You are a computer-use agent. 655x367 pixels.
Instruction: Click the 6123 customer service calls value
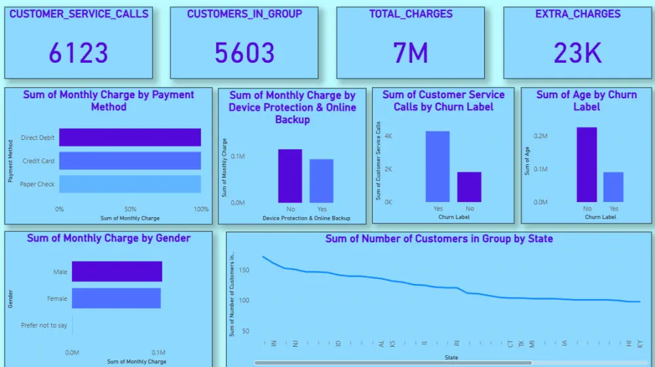click(x=79, y=53)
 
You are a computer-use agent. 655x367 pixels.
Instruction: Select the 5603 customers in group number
click(x=244, y=53)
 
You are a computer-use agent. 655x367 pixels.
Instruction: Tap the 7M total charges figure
click(x=411, y=53)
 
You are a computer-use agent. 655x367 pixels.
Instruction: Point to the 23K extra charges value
click(x=577, y=53)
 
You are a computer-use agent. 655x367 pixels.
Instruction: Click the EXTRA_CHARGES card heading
click(x=577, y=14)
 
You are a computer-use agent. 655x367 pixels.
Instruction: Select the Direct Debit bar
click(x=130, y=137)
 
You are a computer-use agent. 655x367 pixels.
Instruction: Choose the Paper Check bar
click(x=130, y=184)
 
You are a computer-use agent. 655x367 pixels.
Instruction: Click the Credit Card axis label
click(x=39, y=161)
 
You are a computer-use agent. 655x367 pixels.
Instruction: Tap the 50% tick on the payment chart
click(x=130, y=209)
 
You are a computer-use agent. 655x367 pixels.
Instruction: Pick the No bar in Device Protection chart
click(x=290, y=176)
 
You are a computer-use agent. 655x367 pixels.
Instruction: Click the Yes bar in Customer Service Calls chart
click(x=438, y=167)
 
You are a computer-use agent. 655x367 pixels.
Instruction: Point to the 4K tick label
click(x=388, y=136)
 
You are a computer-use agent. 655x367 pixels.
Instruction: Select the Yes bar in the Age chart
click(x=614, y=187)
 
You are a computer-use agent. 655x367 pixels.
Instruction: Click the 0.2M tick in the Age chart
click(x=540, y=136)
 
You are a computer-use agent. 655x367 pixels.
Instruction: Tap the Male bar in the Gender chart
click(x=117, y=271)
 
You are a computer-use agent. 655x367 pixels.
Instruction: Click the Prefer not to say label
click(x=44, y=325)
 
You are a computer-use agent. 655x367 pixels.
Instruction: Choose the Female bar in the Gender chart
click(x=116, y=298)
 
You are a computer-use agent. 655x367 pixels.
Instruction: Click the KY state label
click(x=640, y=343)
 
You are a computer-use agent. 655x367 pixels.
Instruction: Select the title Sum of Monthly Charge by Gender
click(x=109, y=238)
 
